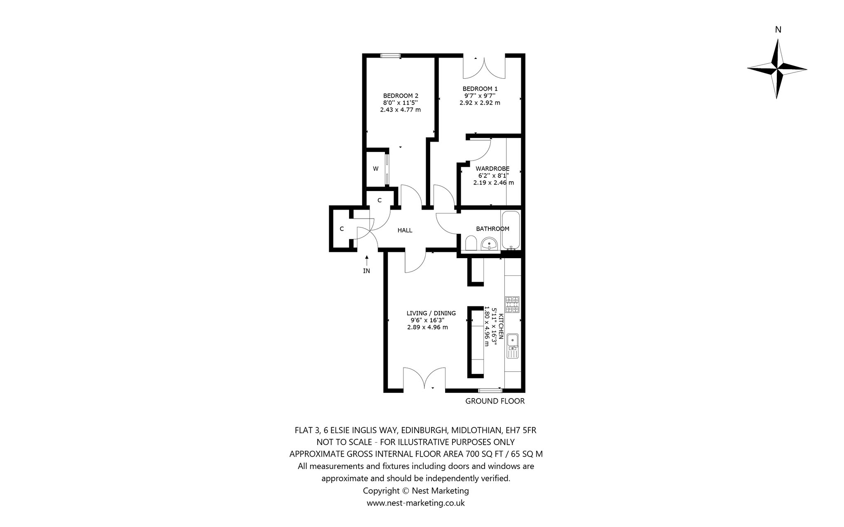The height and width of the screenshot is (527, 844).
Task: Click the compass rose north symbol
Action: pos(777,69)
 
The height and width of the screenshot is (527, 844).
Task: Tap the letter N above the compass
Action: pos(778,30)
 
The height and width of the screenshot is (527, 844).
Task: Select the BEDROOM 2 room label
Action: pos(401,96)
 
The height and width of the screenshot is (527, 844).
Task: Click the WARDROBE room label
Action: pos(492,168)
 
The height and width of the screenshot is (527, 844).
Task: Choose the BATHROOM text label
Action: pos(492,229)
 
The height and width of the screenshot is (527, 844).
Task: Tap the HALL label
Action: pos(405,231)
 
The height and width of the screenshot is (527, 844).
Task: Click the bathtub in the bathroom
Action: pos(511,230)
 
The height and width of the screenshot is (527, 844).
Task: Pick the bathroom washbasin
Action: pos(489,244)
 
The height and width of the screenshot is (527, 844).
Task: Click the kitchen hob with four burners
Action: pos(513,305)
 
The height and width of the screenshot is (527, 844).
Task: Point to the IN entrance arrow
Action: pos(366,260)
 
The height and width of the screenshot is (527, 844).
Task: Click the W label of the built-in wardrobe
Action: pos(376,168)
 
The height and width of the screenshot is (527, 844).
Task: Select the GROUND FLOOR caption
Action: pos(495,401)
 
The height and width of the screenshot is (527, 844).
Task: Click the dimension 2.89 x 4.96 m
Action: pos(427,327)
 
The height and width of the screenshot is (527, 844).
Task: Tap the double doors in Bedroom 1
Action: pos(484,67)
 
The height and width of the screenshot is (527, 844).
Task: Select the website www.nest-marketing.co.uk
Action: pos(416,503)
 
